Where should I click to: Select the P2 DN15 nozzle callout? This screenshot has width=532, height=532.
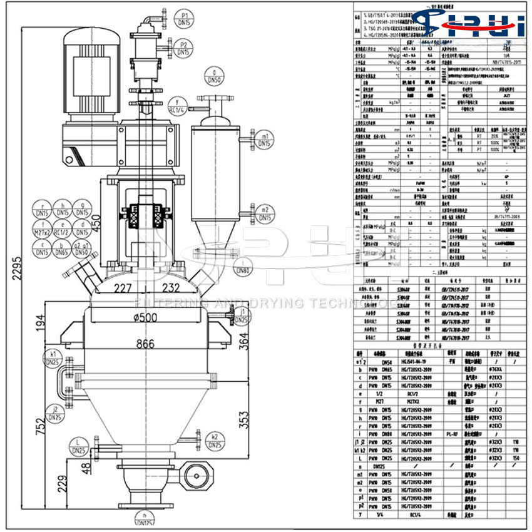coord(184,48)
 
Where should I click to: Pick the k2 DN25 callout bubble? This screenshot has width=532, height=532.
coord(215,440)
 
